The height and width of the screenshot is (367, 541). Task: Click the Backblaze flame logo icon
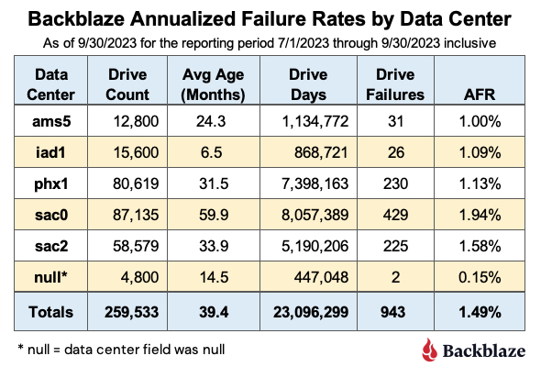pos(429,350)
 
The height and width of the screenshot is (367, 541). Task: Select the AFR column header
pos(480,95)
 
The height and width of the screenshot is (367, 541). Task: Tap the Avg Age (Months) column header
pos(214,84)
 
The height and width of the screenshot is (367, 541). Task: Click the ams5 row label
pos(51,121)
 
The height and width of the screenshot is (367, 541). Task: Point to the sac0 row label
pos(51,215)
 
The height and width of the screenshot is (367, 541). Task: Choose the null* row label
pos(50,277)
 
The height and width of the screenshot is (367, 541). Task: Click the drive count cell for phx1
pos(136,183)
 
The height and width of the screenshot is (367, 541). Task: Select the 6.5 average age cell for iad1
pos(212,152)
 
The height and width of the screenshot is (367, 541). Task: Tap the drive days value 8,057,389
pos(315,215)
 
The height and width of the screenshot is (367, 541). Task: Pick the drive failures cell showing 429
pos(395,215)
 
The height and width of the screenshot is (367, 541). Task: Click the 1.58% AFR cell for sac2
pos(480,246)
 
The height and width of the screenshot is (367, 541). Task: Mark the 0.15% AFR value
pos(480,277)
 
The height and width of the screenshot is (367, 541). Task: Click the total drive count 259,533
pos(131,312)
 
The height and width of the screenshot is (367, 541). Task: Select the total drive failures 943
pos(393,312)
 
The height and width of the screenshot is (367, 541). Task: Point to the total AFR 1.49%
pos(480,312)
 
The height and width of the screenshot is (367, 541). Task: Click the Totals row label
pos(51,312)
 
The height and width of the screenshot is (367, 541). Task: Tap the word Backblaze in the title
pos(76,18)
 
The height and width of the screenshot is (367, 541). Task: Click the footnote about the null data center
pos(121,350)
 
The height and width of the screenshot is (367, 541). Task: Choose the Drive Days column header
pos(308,84)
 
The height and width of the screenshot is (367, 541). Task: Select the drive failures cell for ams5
pos(395,121)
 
